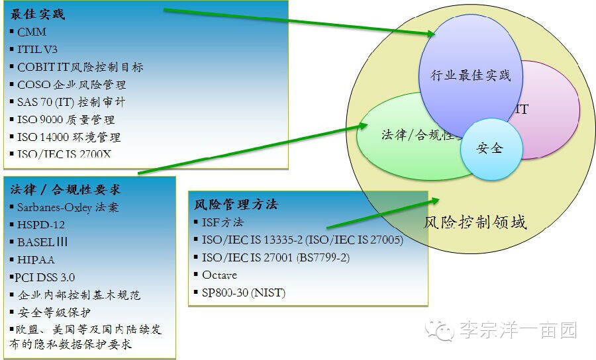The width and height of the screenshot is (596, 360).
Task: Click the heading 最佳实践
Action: pos(37,15)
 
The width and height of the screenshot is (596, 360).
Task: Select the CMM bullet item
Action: pos(32,32)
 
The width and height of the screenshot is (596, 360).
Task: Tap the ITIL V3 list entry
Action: pos(37,50)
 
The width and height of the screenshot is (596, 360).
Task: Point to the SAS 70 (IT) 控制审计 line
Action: pos(71,102)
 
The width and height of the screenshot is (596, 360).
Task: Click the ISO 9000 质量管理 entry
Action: pos(66,120)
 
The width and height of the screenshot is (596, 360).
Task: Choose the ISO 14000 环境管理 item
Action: pos(69,137)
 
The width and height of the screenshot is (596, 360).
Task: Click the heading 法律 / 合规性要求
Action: pos(66,189)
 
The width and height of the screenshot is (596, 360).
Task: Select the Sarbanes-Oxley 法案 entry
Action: pos(68,207)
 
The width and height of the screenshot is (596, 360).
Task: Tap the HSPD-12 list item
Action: pos(41,225)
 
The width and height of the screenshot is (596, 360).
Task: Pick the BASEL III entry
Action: pos(42,242)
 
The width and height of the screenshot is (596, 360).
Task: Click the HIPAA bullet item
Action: pos(36,260)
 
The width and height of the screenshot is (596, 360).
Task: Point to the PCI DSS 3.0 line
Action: pos(44,277)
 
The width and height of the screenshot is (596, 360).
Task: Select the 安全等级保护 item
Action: pos(54,312)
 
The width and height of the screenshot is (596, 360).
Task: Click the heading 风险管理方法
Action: pos(236,204)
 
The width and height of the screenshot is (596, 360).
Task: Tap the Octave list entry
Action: pos(219,275)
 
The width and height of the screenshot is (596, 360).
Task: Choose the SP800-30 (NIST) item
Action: pos(244,292)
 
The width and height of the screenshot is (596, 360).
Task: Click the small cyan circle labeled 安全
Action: pos(491,150)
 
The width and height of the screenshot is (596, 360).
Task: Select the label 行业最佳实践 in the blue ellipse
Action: pos(471,75)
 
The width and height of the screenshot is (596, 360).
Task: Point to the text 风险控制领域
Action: pos(475,222)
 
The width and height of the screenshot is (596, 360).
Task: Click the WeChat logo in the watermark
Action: pos(440,330)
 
